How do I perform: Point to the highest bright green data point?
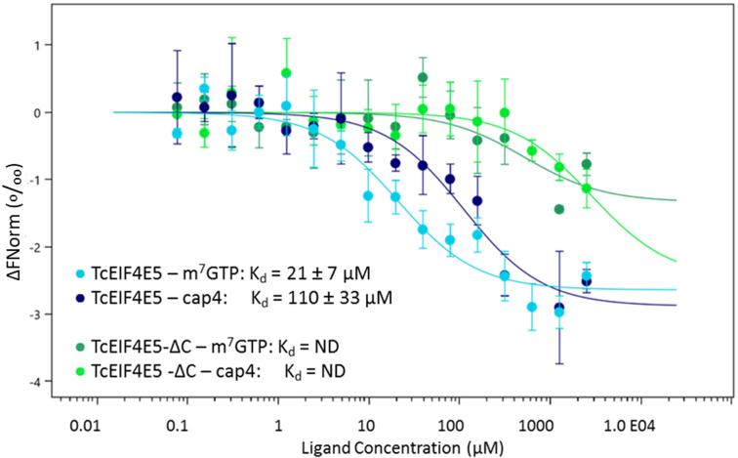[x=287, y=73]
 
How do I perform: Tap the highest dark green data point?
[x=423, y=77]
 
